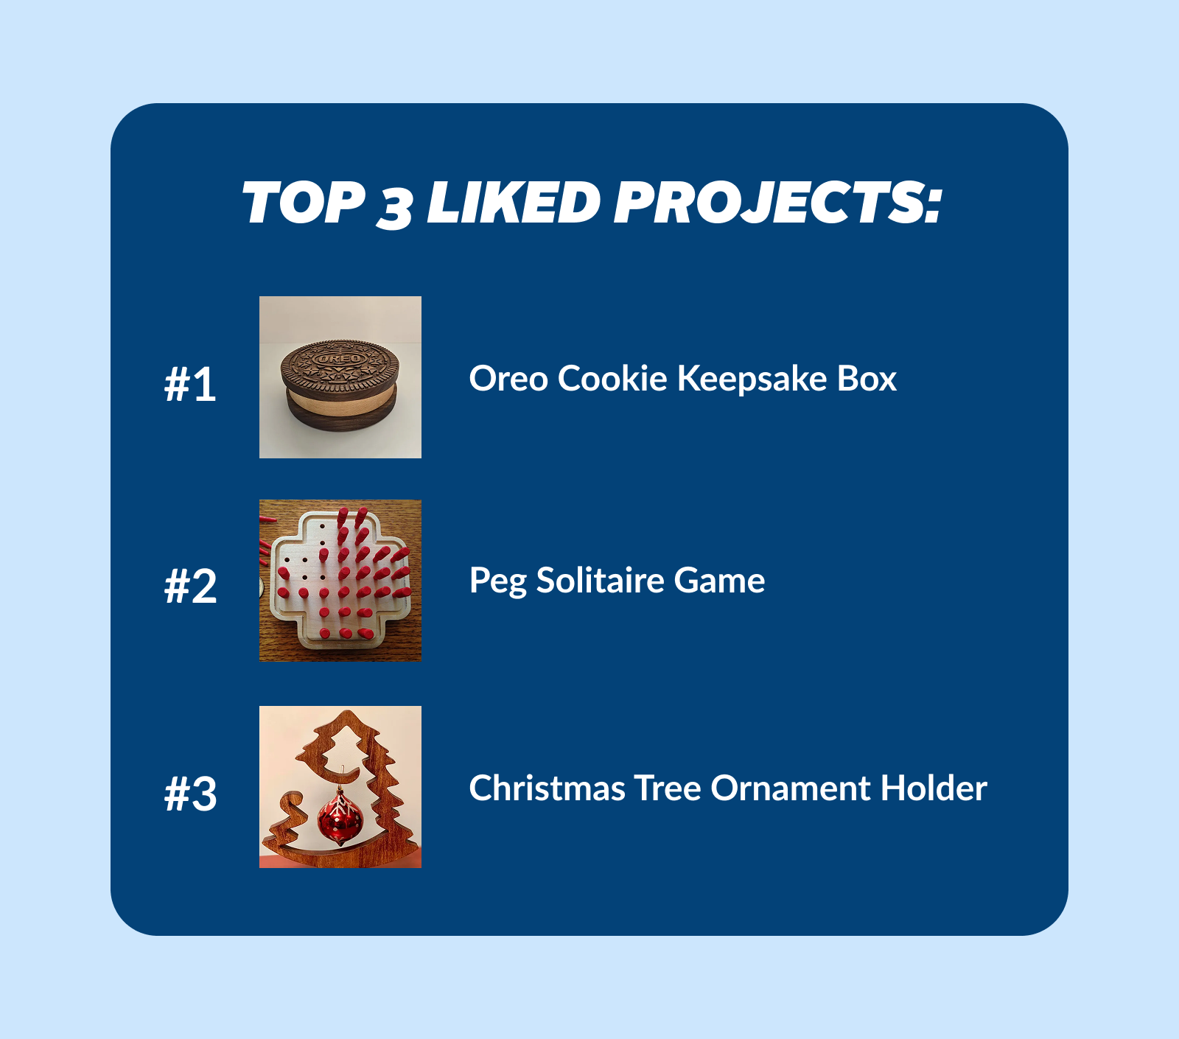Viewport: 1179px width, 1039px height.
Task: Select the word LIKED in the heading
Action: (x=514, y=203)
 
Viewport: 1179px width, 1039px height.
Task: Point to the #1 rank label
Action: (x=190, y=384)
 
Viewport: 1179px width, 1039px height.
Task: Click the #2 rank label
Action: (x=190, y=587)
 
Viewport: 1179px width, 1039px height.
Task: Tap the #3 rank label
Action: (x=190, y=794)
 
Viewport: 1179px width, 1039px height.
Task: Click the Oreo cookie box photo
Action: (x=340, y=377)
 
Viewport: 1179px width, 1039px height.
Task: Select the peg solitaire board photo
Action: (x=340, y=581)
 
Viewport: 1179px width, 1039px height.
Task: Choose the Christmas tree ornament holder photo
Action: (x=340, y=787)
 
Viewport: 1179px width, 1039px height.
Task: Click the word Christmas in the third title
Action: (x=547, y=788)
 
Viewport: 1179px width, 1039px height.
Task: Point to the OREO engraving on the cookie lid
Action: (x=340, y=359)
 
